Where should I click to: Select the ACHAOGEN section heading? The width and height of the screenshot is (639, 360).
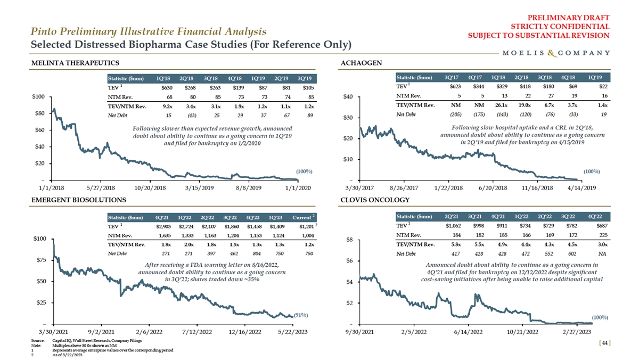click(x=361, y=63)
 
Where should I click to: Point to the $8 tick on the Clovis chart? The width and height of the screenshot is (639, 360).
click(x=349, y=239)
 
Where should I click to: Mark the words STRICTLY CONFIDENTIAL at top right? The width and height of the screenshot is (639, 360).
click(x=560, y=26)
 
